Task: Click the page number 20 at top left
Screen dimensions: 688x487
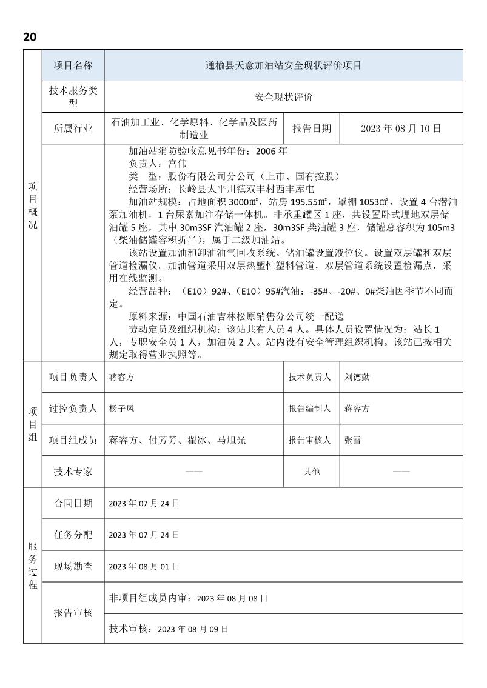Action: click(x=30, y=37)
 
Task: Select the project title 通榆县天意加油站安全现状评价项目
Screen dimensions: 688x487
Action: click(x=283, y=65)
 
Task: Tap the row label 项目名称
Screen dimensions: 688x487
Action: click(x=73, y=65)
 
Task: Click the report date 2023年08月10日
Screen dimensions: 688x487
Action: click(x=401, y=129)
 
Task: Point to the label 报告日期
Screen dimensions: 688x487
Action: click(x=312, y=129)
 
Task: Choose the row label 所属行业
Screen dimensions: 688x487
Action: click(x=73, y=129)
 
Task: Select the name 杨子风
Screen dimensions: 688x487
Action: click(x=121, y=409)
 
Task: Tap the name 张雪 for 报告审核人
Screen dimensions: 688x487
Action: click(x=352, y=441)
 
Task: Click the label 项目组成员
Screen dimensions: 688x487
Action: click(x=73, y=441)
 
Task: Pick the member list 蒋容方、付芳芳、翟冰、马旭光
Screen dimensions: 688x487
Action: click(x=177, y=441)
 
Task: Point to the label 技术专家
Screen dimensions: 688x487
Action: click(x=73, y=472)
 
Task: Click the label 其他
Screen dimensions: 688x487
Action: click(x=312, y=472)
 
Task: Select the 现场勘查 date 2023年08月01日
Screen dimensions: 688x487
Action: click(x=144, y=567)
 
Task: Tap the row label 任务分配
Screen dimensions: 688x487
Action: click(x=73, y=535)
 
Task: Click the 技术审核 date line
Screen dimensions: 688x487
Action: click(x=169, y=629)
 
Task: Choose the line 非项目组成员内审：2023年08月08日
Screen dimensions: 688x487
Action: click(x=187, y=598)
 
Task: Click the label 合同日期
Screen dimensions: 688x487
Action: click(x=73, y=503)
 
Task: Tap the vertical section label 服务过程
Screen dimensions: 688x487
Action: click(x=32, y=565)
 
